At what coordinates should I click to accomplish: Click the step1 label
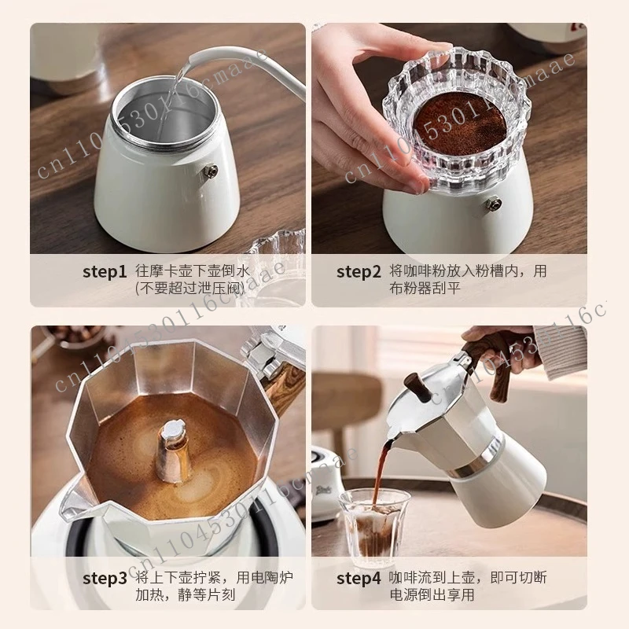(105, 272)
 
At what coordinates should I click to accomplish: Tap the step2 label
(359, 272)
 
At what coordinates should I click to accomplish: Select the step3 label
(105, 579)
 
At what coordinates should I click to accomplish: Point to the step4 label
(359, 579)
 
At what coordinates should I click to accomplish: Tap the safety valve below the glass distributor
(493, 205)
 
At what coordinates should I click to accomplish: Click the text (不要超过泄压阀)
(189, 288)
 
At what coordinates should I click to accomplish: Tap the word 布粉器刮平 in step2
(422, 288)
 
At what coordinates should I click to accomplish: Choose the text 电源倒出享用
(431, 595)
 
